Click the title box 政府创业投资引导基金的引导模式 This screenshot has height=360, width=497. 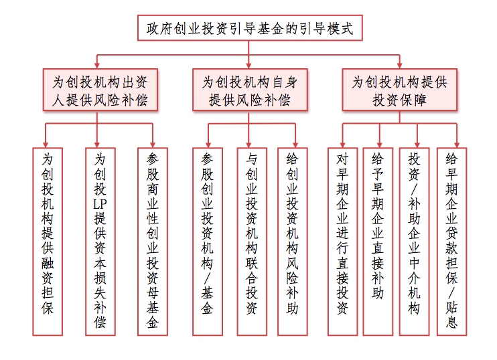pyautogui.click(x=250, y=28)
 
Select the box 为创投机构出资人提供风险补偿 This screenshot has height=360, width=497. pyautogui.click(x=100, y=90)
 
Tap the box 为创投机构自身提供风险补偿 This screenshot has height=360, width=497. pyautogui.click(x=250, y=90)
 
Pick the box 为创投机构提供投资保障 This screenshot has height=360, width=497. pyautogui.click(x=399, y=90)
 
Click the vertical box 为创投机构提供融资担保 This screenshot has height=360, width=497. pyautogui.click(x=48, y=242)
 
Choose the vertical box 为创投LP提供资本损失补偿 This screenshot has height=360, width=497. pyautogui.click(x=100, y=242)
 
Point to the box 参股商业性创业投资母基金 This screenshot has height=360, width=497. pyautogui.click(x=153, y=242)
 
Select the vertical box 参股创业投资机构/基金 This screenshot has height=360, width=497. pyautogui.click(x=208, y=242)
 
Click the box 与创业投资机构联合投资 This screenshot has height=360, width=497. pyautogui.click(x=252, y=242)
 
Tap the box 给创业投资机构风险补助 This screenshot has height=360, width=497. pyautogui.click(x=293, y=242)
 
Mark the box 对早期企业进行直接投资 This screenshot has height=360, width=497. pyautogui.click(x=343, y=242)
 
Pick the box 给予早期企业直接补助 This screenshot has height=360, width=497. pyautogui.click(x=378, y=242)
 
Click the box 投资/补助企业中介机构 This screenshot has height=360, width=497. pyautogui.click(x=414, y=242)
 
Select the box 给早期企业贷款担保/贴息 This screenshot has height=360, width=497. pyautogui.click(x=451, y=242)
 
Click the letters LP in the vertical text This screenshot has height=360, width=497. pyautogui.click(x=100, y=204)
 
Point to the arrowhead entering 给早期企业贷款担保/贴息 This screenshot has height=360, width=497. pyautogui.click(x=457, y=145)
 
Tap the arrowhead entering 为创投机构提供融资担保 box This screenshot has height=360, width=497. pyautogui.click(x=46, y=145)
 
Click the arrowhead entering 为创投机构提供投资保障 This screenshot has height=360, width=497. pyautogui.click(x=399, y=66)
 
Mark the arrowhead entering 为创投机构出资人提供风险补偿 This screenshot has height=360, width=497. pyautogui.click(x=97, y=66)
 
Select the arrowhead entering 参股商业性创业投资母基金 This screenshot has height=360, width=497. pyautogui.click(x=153, y=145)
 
